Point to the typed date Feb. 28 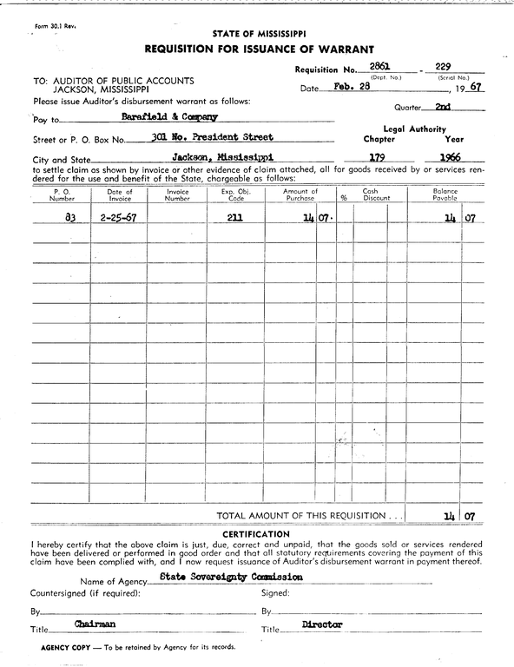click(x=352, y=88)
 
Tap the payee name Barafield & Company click(x=169, y=116)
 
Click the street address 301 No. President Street click(x=211, y=137)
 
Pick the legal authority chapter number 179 click(x=378, y=157)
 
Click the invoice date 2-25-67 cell click(x=118, y=218)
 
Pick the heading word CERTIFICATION click(x=256, y=533)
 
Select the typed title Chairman click(x=96, y=624)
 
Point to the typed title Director click(x=322, y=624)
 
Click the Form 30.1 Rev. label click(x=56, y=27)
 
